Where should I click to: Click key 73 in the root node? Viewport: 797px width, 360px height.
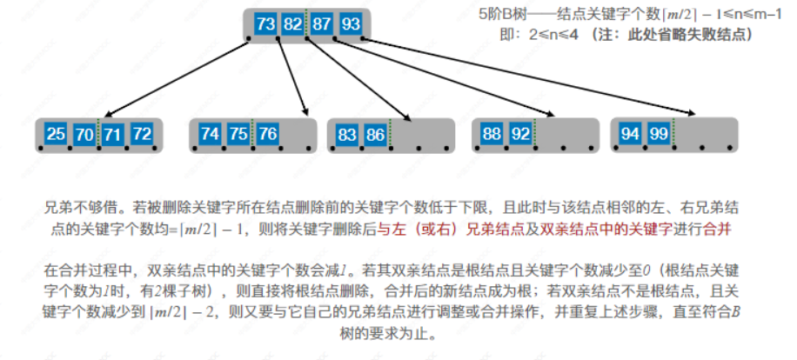tap(266, 23)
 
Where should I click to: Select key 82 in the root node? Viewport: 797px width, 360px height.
tap(293, 23)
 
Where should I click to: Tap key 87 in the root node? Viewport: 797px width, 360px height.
tap(322, 23)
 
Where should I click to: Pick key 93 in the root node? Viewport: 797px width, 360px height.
tap(351, 23)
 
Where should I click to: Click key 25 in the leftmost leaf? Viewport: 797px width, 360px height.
tap(56, 134)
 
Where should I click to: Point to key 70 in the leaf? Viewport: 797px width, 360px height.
tap(84, 134)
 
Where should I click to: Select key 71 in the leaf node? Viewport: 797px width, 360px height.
tap(113, 134)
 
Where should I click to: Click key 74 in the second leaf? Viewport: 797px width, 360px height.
tap(210, 134)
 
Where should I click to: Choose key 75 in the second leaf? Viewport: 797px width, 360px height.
tap(238, 134)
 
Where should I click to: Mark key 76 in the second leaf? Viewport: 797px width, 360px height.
tap(267, 134)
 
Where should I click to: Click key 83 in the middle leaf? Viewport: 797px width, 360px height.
tap(347, 134)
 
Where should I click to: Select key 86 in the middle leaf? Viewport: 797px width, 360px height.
tap(375, 134)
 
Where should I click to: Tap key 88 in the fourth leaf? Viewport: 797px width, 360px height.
tap(492, 134)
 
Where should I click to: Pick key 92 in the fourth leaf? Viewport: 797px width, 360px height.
tap(520, 134)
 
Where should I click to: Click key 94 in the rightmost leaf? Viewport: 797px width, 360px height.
tap(630, 134)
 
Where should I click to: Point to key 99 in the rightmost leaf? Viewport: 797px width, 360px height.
tap(659, 134)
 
